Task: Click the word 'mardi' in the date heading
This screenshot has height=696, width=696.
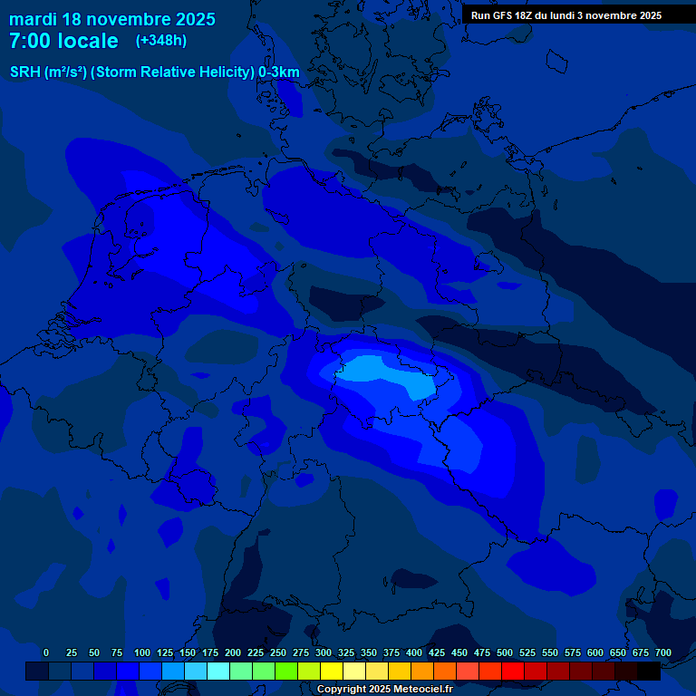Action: tap(33, 19)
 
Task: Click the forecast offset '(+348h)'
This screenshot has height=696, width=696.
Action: tap(162, 41)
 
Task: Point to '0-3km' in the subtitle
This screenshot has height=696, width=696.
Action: tap(279, 72)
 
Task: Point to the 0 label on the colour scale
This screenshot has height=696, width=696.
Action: tap(46, 652)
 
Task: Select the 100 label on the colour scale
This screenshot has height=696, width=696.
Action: tap(142, 652)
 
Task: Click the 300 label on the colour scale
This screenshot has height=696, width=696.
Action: tap(324, 652)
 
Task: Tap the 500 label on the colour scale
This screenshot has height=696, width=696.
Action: tap(505, 652)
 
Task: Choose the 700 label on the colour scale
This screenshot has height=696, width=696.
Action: tap(663, 652)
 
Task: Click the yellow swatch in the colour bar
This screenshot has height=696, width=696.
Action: tap(332, 671)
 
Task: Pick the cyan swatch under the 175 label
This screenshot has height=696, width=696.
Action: tap(218, 671)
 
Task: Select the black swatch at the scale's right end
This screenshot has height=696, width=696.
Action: tap(649, 671)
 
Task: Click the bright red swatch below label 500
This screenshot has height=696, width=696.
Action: tap(513, 671)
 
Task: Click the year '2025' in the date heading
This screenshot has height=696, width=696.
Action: tap(186, 19)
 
